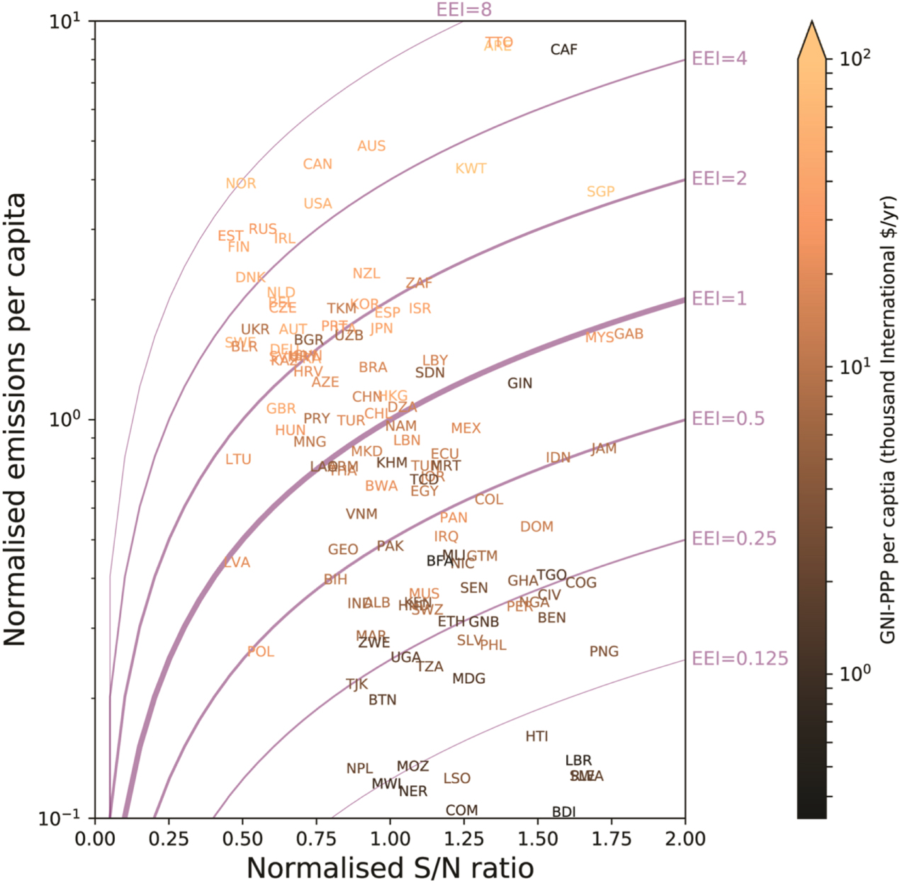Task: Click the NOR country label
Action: [241, 184]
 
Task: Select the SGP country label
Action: [601, 191]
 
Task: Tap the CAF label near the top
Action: [564, 50]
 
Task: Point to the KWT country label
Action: [471, 169]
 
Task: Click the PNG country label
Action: [604, 651]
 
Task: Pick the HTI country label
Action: [537, 736]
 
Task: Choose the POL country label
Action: [261, 651]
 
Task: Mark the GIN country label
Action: [519, 383]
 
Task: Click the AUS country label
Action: [371, 146]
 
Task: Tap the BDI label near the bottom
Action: [564, 811]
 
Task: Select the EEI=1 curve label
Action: [719, 298]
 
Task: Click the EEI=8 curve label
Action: [464, 9]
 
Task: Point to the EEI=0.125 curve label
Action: [740, 658]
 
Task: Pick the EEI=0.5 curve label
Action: [729, 419]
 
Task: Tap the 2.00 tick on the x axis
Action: [685, 839]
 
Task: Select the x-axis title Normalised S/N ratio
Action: [390, 867]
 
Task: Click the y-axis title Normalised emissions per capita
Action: [15, 418]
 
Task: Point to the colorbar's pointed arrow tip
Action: [811, 23]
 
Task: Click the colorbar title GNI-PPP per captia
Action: [889, 418]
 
